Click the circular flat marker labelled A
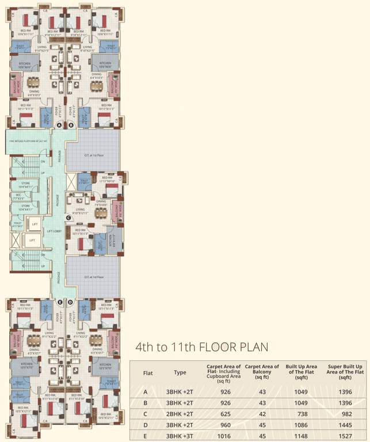pos(59,124)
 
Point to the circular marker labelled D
pos(70,302)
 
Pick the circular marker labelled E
pos(59,302)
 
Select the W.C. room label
pos(24,196)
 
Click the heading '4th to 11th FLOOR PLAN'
pos(201,347)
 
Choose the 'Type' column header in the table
pos(180,372)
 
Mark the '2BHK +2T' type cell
pos(180,413)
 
